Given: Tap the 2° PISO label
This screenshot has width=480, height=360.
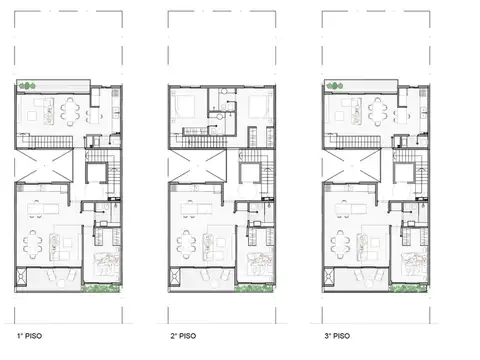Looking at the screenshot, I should (183, 337).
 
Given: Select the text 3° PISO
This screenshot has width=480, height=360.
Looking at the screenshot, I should (337, 337).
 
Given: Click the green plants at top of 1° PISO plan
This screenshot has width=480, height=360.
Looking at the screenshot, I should (31, 83).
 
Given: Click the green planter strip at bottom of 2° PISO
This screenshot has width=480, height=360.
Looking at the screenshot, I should (255, 290).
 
